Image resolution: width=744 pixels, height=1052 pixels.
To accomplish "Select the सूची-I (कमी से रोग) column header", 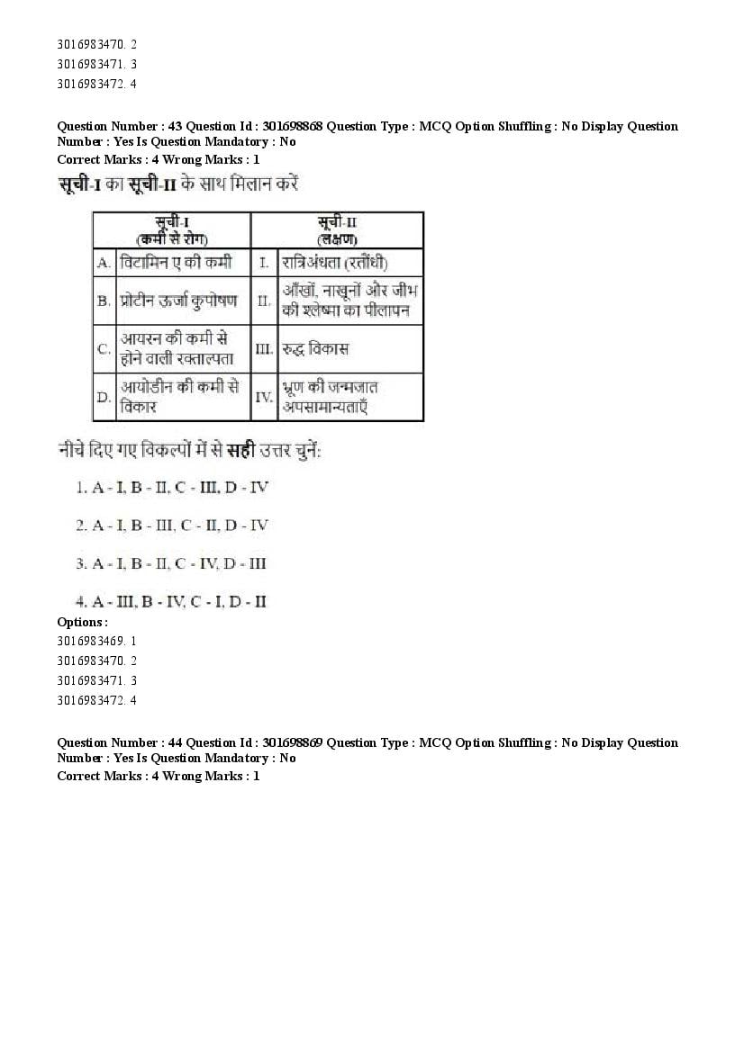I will pos(172,229).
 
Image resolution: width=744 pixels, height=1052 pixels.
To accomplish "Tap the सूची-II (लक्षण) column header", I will pos(337,229).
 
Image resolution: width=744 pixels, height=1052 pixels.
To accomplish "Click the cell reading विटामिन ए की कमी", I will pos(176,262).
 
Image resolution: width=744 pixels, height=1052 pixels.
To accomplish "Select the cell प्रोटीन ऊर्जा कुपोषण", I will pos(179,301).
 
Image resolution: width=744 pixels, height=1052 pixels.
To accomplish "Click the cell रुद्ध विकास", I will pos(315,348).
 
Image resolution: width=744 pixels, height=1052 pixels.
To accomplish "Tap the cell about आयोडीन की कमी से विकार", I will pos(179,396).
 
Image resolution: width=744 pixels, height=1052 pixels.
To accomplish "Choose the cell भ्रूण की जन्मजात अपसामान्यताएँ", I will pos(331,396).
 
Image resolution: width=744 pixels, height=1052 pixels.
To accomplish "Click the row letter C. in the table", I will pos(104,348).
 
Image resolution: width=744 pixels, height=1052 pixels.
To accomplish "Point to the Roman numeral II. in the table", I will pos(264,301).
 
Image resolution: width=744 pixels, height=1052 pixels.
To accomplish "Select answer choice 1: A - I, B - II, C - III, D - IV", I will pos(172,487).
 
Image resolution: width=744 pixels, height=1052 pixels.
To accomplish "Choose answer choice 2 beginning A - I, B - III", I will pos(172,525).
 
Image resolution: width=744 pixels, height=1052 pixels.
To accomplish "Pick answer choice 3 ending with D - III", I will pos(171,563).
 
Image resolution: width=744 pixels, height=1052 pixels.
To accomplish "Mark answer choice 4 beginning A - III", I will pos(171,601).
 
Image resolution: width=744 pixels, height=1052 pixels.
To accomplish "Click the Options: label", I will pos(82,622).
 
